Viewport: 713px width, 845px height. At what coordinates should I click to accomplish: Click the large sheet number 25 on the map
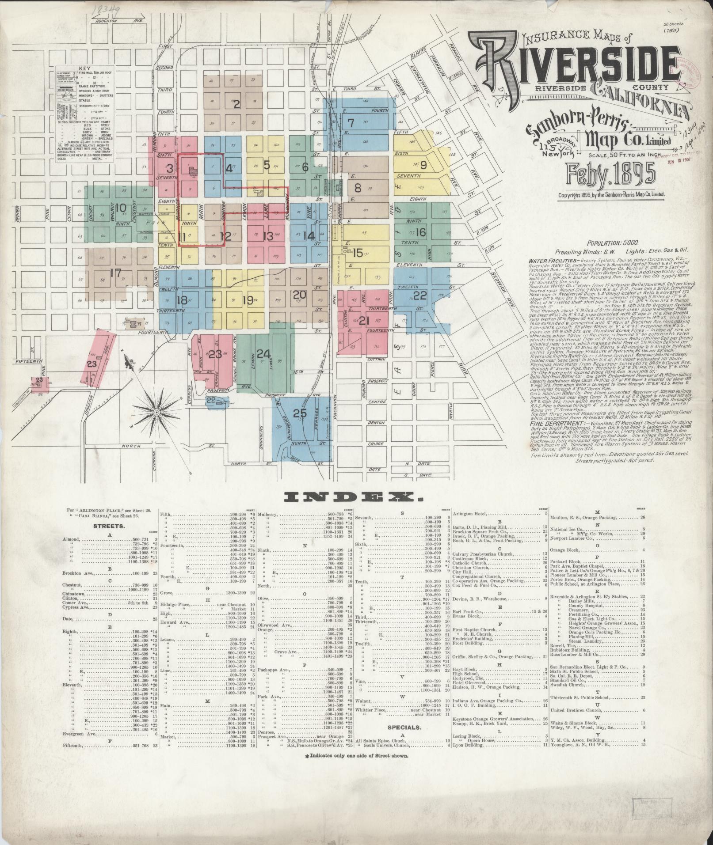300,413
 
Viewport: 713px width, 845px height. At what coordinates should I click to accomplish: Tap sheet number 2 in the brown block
236,105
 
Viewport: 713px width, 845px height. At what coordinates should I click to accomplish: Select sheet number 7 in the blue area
351,122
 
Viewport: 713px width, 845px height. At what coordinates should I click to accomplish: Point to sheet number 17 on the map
115,273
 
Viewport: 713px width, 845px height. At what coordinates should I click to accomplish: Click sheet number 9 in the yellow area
423,166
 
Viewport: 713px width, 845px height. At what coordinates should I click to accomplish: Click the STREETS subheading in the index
109,526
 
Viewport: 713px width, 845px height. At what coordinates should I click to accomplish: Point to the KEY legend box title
84,69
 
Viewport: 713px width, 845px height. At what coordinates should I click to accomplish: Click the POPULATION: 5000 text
612,243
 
